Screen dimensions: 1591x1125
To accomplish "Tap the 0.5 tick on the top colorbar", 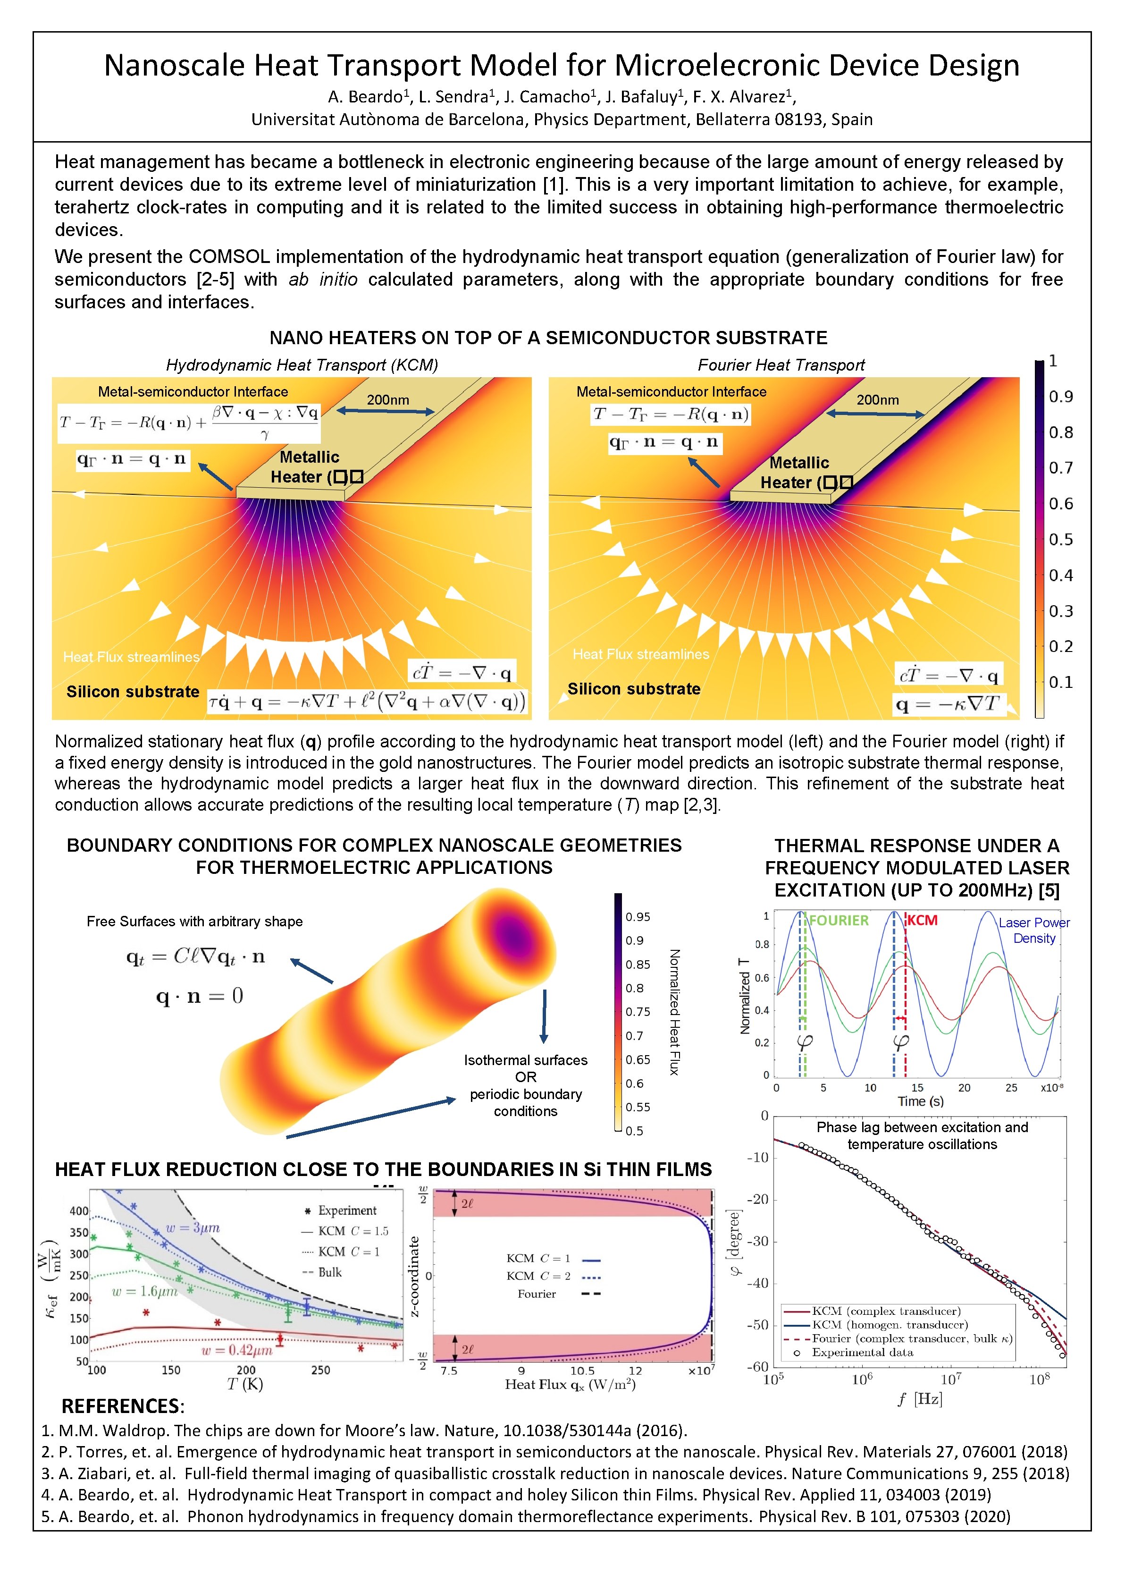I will (x=1060, y=540).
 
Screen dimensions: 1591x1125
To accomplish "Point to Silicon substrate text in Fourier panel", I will (x=633, y=689).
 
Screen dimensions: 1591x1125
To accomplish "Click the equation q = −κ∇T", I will (x=947, y=705).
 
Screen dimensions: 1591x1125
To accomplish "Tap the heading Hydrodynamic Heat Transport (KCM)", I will (x=302, y=365).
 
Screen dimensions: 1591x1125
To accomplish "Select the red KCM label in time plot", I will (x=922, y=920).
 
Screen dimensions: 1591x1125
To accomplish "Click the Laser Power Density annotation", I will (x=1033, y=931).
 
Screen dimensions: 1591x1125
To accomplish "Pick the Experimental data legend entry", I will (x=862, y=1352).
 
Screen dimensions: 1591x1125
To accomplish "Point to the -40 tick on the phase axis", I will (x=758, y=1283).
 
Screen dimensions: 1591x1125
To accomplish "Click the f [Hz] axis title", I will (x=919, y=1398).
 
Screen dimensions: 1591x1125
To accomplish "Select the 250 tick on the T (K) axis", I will (x=320, y=1370).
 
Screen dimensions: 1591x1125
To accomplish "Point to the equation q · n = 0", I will (x=200, y=997).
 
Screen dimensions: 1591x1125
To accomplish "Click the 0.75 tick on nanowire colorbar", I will (x=638, y=1012).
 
